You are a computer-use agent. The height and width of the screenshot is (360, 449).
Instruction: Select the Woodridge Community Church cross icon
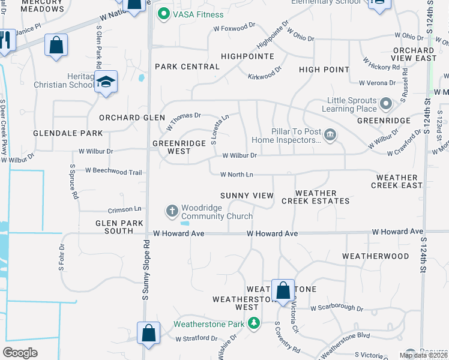(x=172, y=211)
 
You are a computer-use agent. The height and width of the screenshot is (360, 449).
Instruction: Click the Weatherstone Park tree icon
(x=254, y=324)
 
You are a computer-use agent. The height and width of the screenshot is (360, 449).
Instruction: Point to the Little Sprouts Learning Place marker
(x=385, y=104)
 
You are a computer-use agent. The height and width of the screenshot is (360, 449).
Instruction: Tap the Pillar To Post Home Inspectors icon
(x=330, y=136)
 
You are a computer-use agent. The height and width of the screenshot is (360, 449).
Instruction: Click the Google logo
(x=20, y=352)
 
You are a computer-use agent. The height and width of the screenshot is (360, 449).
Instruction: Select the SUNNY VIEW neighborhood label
(x=247, y=196)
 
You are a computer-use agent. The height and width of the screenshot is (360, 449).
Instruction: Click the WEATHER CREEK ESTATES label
(x=315, y=197)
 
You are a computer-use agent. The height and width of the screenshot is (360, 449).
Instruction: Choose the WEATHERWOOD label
(x=375, y=256)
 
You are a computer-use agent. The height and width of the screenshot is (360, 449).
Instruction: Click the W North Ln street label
(x=237, y=175)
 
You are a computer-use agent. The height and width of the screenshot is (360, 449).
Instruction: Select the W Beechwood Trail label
(x=113, y=172)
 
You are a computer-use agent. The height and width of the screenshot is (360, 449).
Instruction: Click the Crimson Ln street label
(x=124, y=209)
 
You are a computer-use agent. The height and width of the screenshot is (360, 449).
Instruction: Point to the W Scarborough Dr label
(x=336, y=308)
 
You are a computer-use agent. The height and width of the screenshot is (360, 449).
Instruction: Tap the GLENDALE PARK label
(x=59, y=133)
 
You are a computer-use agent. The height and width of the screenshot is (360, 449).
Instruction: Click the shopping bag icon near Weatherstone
(x=283, y=290)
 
